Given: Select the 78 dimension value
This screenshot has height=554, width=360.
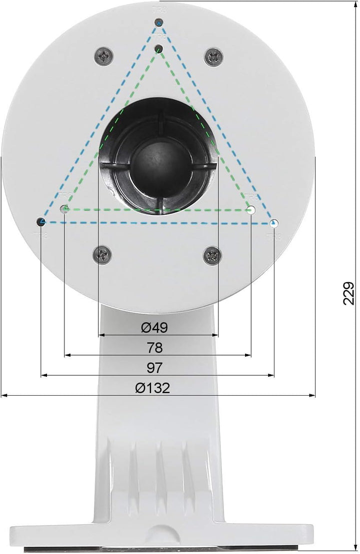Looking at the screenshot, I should point(155,347).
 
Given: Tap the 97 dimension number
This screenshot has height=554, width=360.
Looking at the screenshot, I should point(155,368).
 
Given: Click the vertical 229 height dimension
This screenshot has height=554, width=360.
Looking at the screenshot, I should point(348,293).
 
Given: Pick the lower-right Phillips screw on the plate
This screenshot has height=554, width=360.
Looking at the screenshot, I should point(212,255).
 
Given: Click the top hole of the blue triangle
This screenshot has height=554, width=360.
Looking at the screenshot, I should point(159,22).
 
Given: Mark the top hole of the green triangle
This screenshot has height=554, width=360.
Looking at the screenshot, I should point(159,48).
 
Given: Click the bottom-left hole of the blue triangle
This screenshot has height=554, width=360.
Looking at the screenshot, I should point(41,221).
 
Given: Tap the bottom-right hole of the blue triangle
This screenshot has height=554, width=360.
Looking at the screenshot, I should point(273,223).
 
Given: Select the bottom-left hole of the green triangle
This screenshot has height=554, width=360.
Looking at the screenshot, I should point(64,209).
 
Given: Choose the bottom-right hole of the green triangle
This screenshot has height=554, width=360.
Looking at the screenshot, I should point(251,210).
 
